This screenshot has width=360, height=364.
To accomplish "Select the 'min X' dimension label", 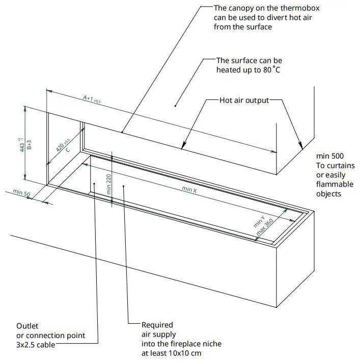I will pyautogui.click(x=189, y=190).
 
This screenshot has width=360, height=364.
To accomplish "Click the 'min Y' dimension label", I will pyautogui.click(x=259, y=221).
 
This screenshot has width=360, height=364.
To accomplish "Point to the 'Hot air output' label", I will pyautogui.click(x=244, y=100).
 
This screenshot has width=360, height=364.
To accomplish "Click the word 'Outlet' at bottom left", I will pyautogui.click(x=27, y=326).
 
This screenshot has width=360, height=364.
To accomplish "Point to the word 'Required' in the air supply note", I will pyautogui.click(x=157, y=325).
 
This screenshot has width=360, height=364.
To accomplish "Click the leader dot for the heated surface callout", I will pyautogui.click(x=175, y=106).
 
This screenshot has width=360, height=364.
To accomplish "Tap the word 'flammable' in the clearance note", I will pyautogui.click(x=334, y=184).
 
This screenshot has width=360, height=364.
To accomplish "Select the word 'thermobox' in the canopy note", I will pyautogui.click(x=293, y=9).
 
